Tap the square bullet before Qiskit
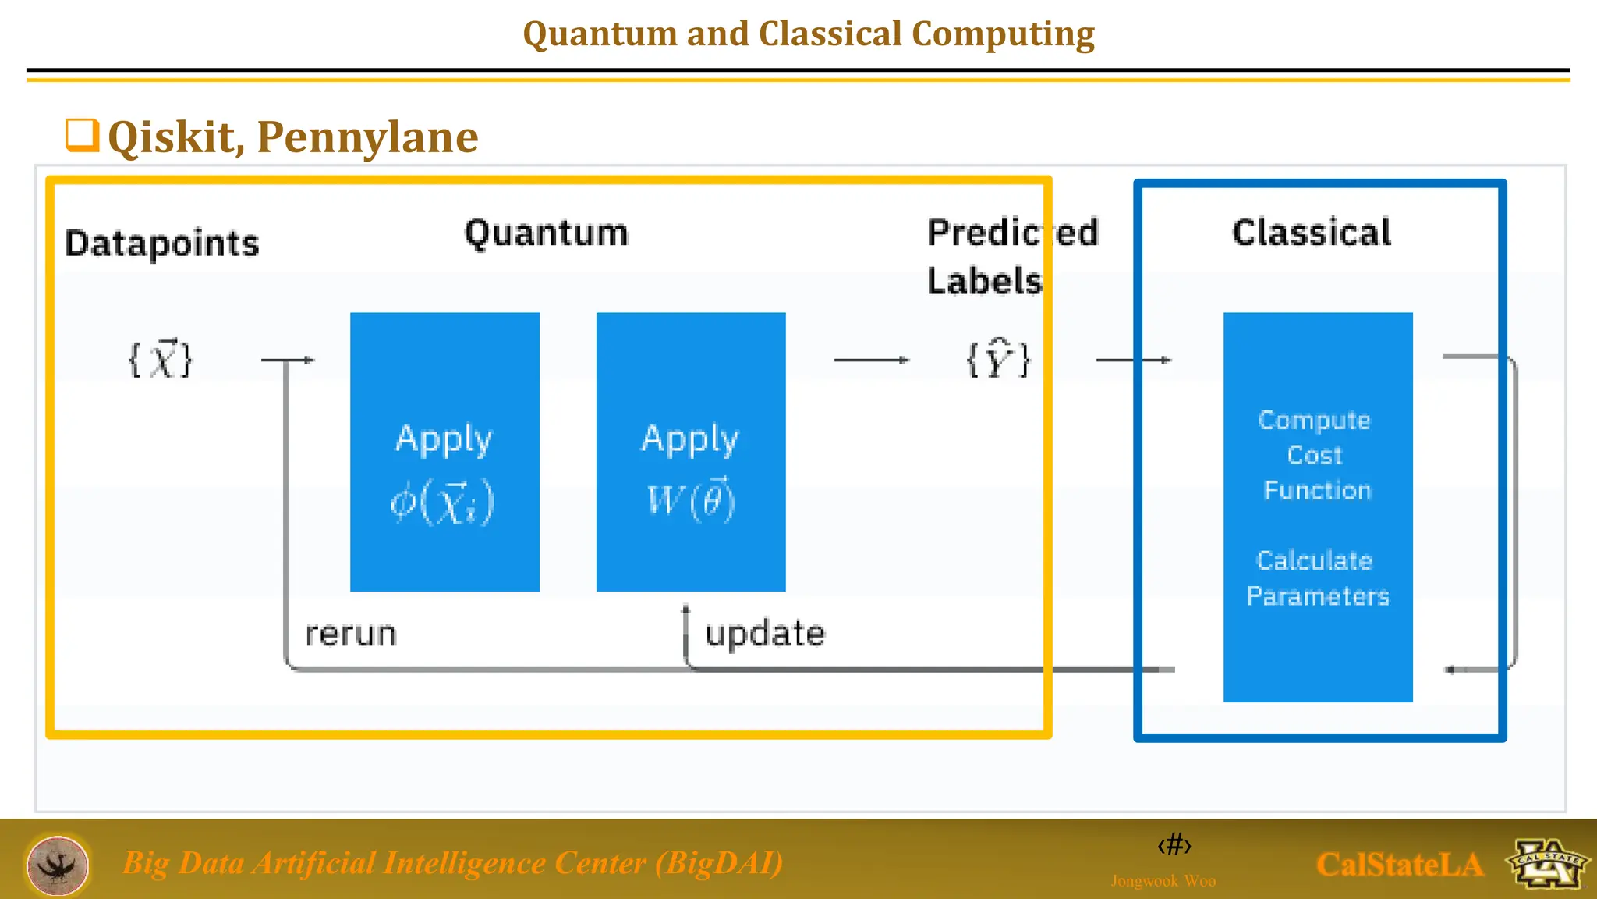pos(82,135)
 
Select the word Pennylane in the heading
pos(367,137)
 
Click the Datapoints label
pos(161,243)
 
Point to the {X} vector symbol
pos(160,360)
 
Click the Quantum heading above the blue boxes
pos(546,233)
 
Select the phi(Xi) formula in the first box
pos(443,502)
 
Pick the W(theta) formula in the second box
pos(691,499)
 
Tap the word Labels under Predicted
pos(984,281)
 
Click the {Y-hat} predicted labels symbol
pos(998,360)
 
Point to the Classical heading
pos(1312,233)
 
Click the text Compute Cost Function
pos(1316,455)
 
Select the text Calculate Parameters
pos(1317,578)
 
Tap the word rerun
pos(351,634)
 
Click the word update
pos(765,633)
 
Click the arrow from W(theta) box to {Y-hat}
pos(871,360)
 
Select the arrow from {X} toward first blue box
pos(287,360)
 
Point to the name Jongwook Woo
pos(1163,881)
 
